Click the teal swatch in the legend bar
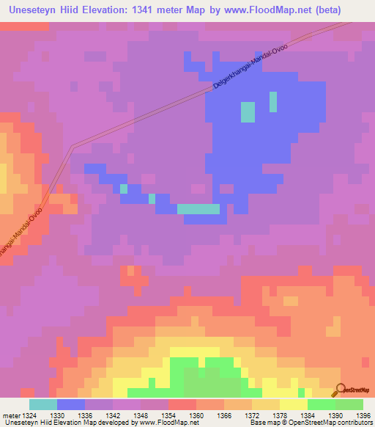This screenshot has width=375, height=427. pyautogui.click(x=42, y=404)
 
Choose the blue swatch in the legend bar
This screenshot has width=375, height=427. pyautogui.click(x=70, y=404)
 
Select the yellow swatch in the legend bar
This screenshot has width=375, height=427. pyautogui.click(x=293, y=404)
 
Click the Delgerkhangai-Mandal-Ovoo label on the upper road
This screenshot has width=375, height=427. pyautogui.click(x=250, y=70)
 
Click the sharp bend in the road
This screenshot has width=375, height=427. pyautogui.click(x=73, y=147)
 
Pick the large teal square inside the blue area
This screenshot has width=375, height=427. pyautogui.click(x=248, y=112)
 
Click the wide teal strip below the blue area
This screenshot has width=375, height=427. pyautogui.click(x=198, y=209)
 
